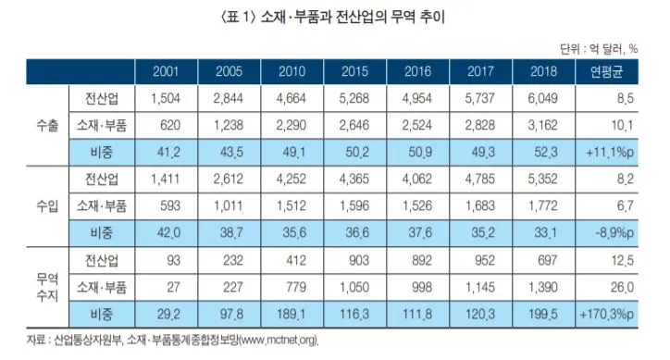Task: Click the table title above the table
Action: point(334,16)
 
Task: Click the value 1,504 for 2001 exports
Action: point(167,98)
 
